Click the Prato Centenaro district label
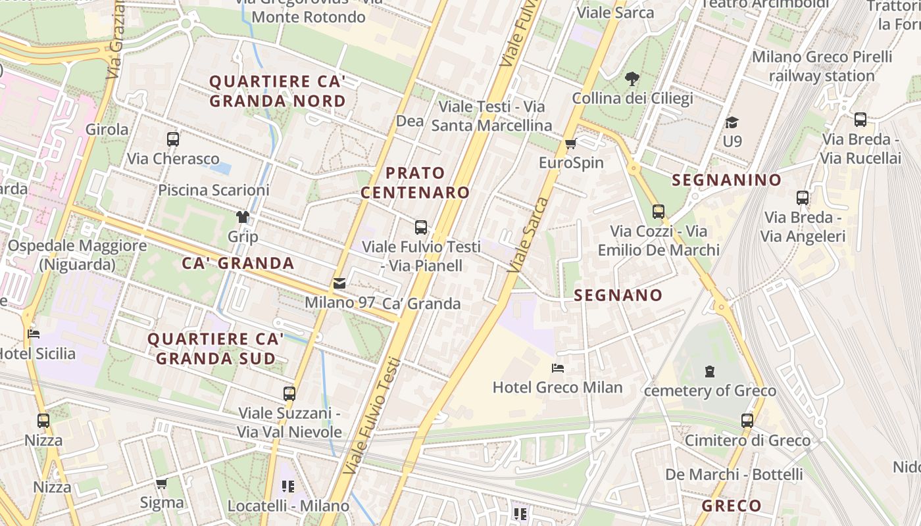(x=415, y=183)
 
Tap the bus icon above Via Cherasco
(x=173, y=139)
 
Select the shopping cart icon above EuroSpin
(x=570, y=144)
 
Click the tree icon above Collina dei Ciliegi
(x=632, y=80)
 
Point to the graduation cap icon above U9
(x=732, y=123)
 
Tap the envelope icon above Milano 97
(x=339, y=284)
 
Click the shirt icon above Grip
(x=243, y=217)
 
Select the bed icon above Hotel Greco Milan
(x=558, y=368)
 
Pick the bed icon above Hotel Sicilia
(x=34, y=335)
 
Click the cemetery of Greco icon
(x=709, y=372)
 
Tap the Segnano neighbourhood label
(x=618, y=296)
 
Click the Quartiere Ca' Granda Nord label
(x=277, y=91)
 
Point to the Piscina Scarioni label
(x=214, y=190)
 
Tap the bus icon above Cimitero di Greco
(x=747, y=421)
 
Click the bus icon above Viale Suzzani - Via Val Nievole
(x=289, y=394)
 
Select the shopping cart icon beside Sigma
(x=161, y=484)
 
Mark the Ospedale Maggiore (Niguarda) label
(x=77, y=255)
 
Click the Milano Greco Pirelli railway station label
(x=822, y=66)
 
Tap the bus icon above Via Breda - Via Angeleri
(x=802, y=198)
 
